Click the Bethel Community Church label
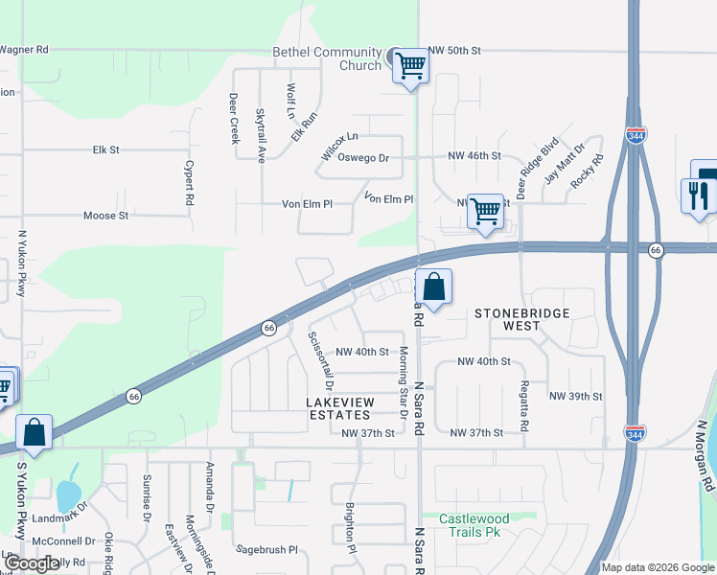[x=313, y=57]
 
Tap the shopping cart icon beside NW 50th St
[x=410, y=66]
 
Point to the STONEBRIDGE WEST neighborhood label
[x=522, y=319]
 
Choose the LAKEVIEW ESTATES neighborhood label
[x=338, y=408]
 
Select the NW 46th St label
[x=474, y=155]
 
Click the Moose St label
[x=105, y=216]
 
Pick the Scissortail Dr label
[x=318, y=361]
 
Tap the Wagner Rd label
[x=24, y=50]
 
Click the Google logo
[x=32, y=563]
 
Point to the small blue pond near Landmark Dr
[x=67, y=495]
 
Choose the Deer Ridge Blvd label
[x=523, y=172]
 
